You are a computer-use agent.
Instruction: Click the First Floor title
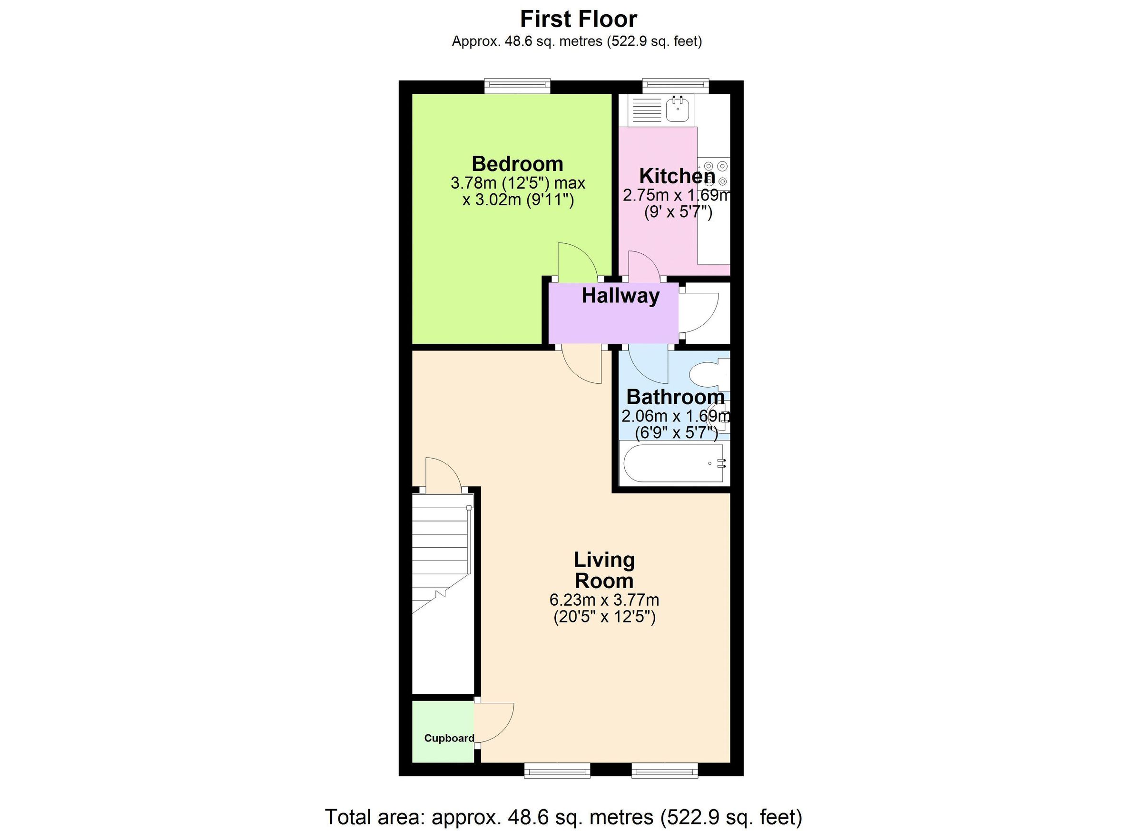click(x=578, y=19)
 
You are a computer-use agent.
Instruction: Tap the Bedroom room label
click(x=517, y=164)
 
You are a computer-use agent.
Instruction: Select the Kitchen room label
click(x=677, y=176)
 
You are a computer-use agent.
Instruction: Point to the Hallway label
click(x=620, y=295)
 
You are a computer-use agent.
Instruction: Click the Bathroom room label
click(x=675, y=397)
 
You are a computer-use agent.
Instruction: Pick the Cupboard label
click(x=449, y=738)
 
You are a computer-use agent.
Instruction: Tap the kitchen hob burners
click(x=716, y=173)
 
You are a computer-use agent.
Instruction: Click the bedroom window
click(x=517, y=86)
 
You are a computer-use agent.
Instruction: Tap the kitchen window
click(x=675, y=86)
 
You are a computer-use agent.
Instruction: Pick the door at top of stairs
click(x=443, y=474)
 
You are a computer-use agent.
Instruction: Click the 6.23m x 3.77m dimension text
click(x=604, y=600)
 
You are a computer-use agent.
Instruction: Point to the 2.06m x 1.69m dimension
click(x=675, y=416)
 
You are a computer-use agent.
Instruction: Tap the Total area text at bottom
click(x=563, y=817)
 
